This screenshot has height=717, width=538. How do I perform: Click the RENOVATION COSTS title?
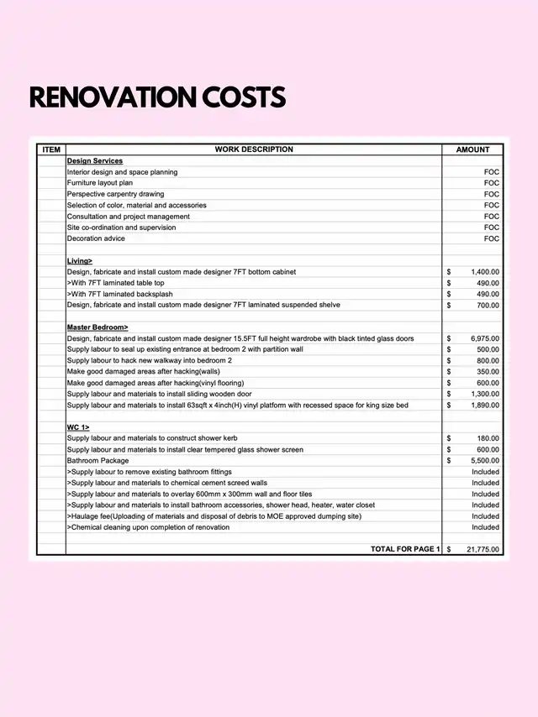tap(157, 97)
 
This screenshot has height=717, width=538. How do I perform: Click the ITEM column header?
tap(51, 149)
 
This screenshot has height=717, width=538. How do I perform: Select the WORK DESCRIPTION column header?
tap(254, 149)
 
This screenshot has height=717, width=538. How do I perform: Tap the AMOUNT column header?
tap(472, 149)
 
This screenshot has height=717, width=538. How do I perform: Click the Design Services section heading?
tap(95, 160)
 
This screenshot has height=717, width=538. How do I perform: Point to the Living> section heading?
tap(80, 261)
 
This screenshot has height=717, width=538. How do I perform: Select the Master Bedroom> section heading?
tap(98, 327)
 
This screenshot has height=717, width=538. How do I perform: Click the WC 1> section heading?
tap(78, 427)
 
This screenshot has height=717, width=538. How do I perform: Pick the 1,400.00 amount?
tap(484, 272)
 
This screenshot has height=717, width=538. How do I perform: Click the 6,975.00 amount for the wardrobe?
tap(484, 338)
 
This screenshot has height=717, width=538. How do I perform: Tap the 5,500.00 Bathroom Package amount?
tap(484, 461)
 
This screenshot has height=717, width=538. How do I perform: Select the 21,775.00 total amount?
tap(483, 549)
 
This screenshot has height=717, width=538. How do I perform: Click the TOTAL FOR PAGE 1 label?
tap(405, 549)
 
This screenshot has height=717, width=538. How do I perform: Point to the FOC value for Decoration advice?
tap(491, 238)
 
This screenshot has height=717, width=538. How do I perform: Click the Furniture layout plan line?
tap(100, 182)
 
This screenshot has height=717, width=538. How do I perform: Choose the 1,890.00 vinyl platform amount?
tap(484, 405)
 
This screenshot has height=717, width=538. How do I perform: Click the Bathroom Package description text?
tap(98, 461)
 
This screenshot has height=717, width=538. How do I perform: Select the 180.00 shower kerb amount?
tap(488, 438)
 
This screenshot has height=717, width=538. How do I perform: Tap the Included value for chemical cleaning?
tap(485, 527)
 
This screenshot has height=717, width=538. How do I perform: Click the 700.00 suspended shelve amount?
tap(488, 305)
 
